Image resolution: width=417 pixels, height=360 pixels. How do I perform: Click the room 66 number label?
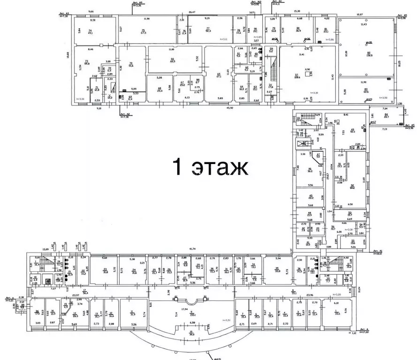(172, 60)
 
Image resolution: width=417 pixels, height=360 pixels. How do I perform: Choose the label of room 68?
(159, 88)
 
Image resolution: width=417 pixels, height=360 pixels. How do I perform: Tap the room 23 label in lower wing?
(105, 270)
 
